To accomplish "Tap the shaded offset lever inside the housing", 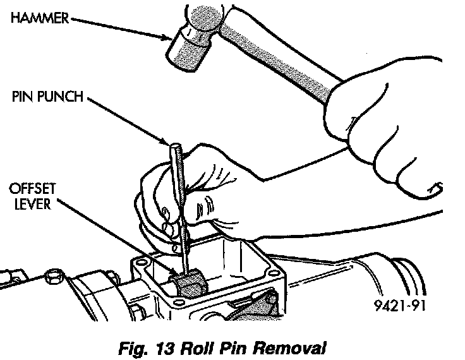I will click(x=190, y=283).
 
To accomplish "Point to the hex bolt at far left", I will click(x=52, y=277).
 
